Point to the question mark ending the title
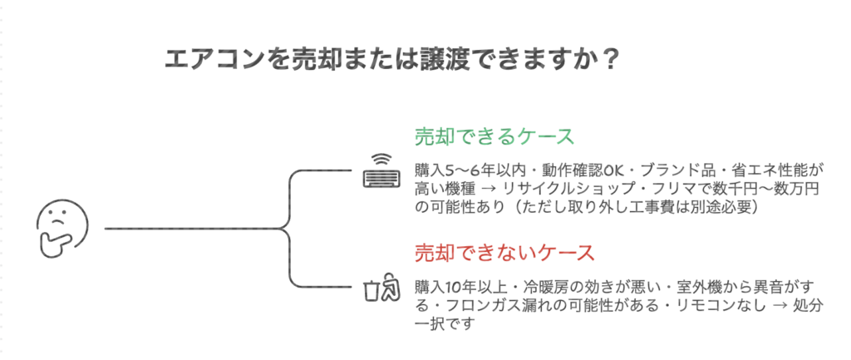(610, 60)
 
